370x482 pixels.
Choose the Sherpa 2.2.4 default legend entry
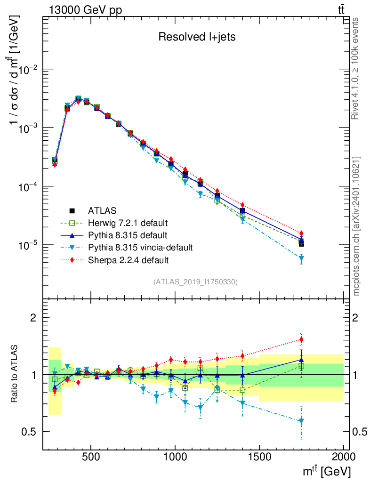[129, 259]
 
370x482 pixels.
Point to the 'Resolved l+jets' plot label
[196, 37]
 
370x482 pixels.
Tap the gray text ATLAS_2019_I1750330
[195, 282]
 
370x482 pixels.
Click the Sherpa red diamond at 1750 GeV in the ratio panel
[301, 339]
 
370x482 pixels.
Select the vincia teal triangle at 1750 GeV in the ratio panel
[301, 421]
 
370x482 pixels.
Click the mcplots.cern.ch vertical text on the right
[356, 225]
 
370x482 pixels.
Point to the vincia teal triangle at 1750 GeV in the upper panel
[301, 258]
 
